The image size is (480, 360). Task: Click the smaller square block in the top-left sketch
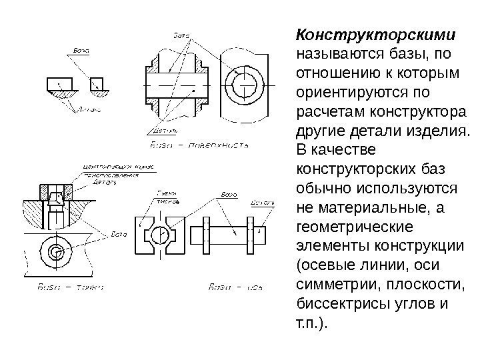[97, 83]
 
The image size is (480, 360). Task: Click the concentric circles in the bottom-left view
[57, 251]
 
